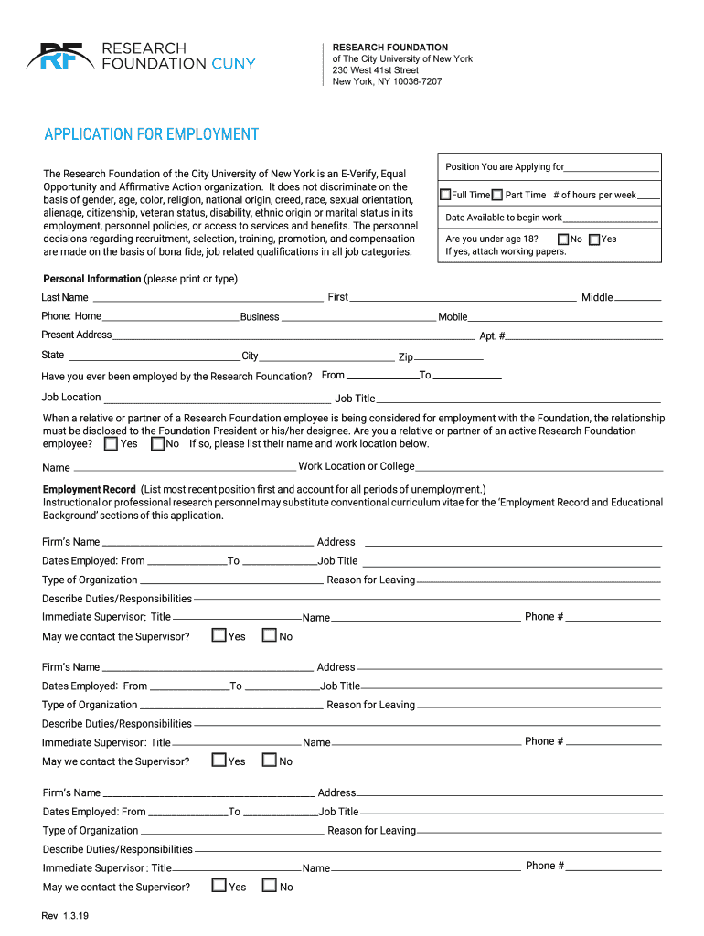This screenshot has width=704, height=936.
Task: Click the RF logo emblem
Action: coord(60,57)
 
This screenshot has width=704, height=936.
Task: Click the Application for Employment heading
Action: coord(152,134)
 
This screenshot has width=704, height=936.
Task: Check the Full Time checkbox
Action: coord(446,195)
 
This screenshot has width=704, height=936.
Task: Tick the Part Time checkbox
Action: coord(497,195)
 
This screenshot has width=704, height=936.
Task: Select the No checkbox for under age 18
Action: coord(563,239)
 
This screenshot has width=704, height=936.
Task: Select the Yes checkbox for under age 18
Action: coord(595,239)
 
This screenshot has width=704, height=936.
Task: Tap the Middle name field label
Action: coord(597,297)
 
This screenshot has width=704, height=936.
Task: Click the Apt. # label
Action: coord(492,336)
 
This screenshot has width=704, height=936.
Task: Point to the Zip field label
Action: coord(405,357)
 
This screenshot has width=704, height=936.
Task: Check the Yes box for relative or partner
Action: coord(111,444)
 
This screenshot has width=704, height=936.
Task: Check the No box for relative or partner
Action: coord(157,444)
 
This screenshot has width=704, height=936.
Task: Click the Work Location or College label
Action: coord(357,466)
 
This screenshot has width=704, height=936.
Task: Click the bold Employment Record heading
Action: coord(89,489)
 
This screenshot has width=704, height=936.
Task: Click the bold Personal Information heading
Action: coord(92,279)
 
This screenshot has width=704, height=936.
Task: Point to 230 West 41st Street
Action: coord(376,70)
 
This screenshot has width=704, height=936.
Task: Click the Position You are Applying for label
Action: coord(505,167)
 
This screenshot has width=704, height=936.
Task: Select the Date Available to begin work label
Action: coord(504,218)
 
